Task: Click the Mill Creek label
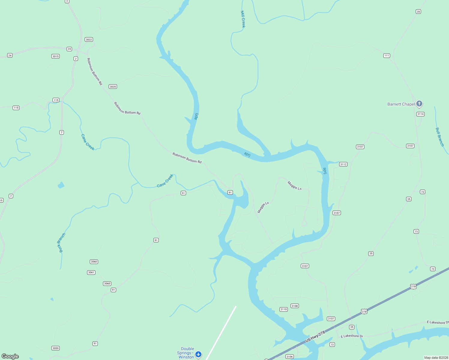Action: tap(243, 19)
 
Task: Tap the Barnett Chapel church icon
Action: tap(419, 104)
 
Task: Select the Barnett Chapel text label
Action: tap(401, 104)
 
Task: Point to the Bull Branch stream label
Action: tap(439, 137)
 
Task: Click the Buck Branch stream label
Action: tap(61, 243)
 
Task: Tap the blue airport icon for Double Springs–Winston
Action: tap(198, 355)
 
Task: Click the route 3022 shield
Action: tap(89, 40)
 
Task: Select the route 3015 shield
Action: tap(56, 56)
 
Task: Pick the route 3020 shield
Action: tap(113, 87)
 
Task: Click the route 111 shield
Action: tap(387, 55)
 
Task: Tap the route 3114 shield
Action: tap(420, 114)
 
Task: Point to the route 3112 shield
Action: tap(343, 164)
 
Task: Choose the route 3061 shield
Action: tap(91, 272)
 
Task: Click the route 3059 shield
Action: tap(56, 348)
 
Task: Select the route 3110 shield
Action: tap(283, 309)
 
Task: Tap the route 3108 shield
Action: tap(294, 306)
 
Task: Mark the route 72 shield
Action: tap(332, 344)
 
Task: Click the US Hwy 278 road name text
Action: tap(315, 337)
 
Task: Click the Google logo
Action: tap(10, 356)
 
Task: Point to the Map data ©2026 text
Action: tap(436, 358)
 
